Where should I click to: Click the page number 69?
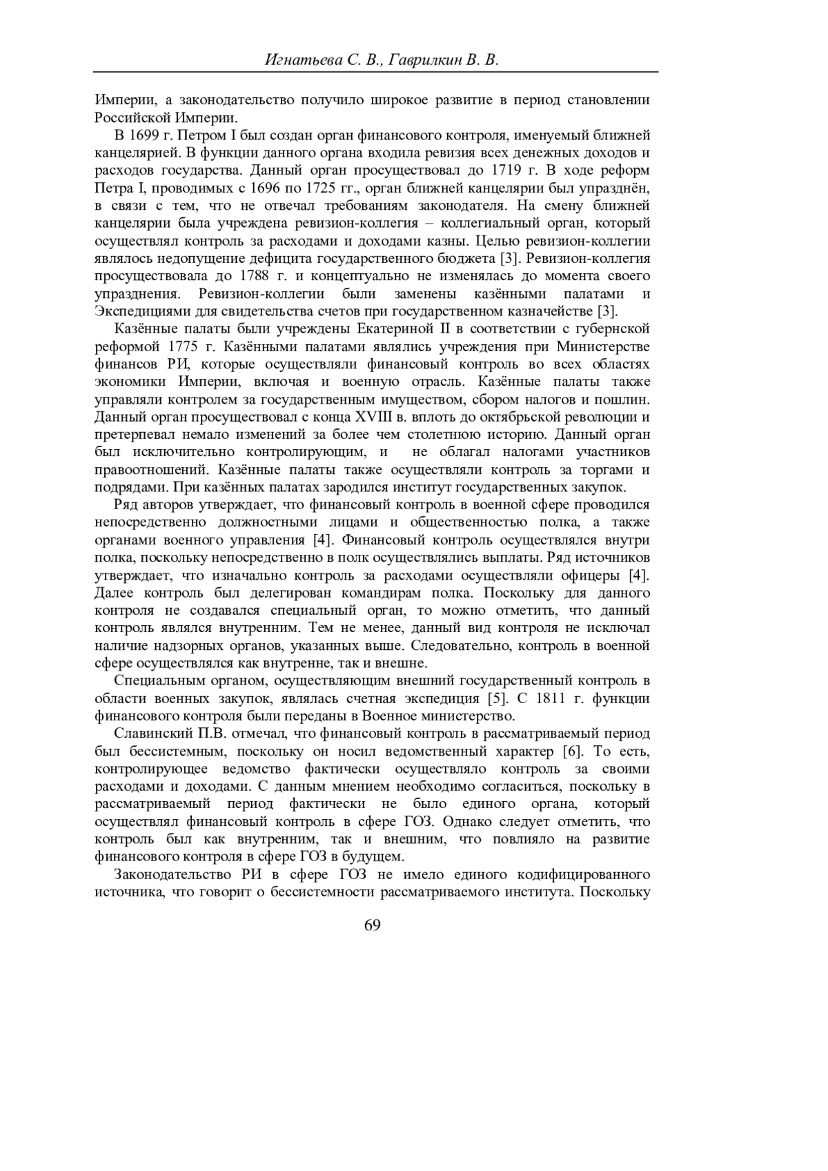point(372,925)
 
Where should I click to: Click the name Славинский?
point(150,733)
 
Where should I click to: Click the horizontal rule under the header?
point(376,72)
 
